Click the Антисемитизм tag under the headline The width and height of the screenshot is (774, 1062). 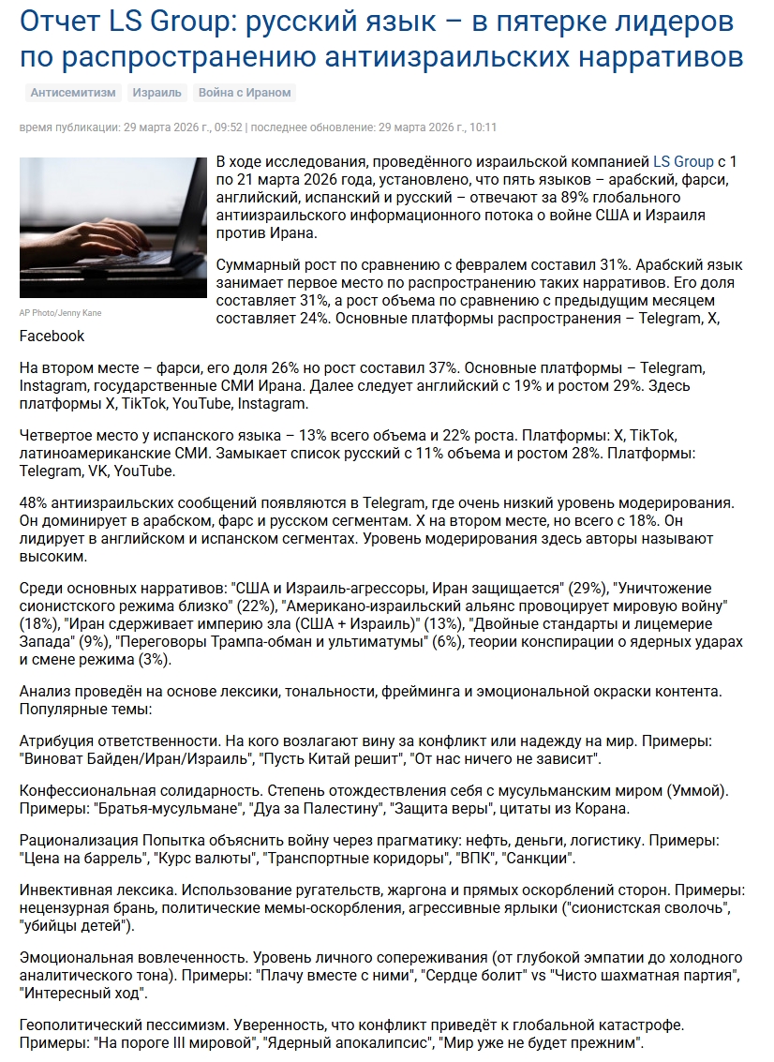coord(73,92)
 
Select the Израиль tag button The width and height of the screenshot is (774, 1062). coord(156,92)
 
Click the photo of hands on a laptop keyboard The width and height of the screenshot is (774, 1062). coord(112,228)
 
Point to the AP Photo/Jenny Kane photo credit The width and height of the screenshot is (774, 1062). coord(61,313)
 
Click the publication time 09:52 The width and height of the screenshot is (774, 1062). coord(229,127)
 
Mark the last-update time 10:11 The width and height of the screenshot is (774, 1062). coord(483,127)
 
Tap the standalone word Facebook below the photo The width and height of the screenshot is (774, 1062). coord(52,336)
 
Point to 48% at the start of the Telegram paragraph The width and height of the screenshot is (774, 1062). coord(35,503)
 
